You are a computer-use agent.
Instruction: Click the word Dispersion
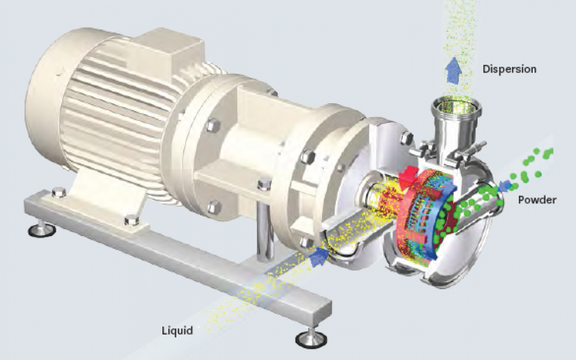pyautogui.click(x=509, y=69)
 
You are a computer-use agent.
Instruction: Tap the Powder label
pyautogui.click(x=537, y=200)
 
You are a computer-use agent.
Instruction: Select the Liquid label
pyautogui.click(x=177, y=331)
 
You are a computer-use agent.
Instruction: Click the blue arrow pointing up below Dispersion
pyautogui.click(x=454, y=70)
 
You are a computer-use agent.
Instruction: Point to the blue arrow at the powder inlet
pyautogui.click(x=507, y=185)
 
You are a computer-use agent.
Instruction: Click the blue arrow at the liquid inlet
pyautogui.click(x=319, y=256)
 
